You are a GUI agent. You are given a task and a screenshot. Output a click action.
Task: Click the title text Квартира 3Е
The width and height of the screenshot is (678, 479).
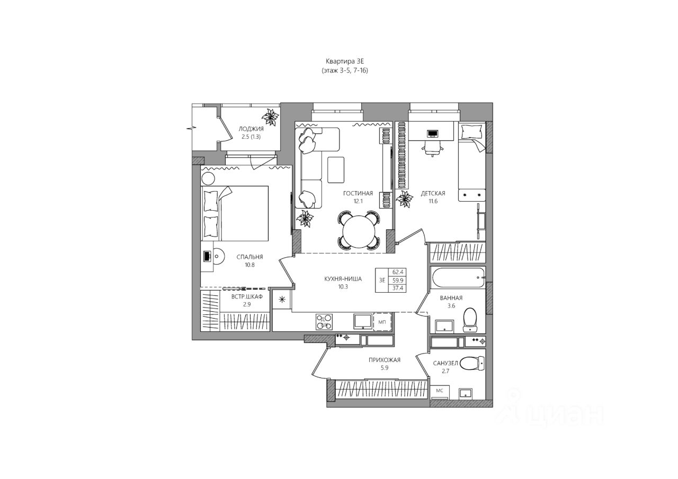pos(341,61)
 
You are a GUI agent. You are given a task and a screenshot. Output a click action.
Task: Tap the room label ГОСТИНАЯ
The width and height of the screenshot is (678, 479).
pos(358,193)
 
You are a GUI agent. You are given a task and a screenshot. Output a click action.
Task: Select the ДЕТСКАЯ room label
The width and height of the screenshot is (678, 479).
pos(433,193)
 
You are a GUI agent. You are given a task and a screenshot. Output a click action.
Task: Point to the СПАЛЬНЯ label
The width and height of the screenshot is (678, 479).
pos(249,257)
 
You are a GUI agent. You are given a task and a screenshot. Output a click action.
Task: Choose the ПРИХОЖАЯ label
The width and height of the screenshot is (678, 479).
pos(385,360)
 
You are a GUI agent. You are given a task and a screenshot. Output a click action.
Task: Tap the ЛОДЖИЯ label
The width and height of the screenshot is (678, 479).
pos(252,129)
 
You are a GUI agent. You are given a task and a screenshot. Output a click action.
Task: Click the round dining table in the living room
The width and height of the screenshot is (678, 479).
pos(359,231)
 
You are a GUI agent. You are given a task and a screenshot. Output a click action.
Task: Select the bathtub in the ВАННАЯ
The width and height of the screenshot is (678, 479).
pos(458,277)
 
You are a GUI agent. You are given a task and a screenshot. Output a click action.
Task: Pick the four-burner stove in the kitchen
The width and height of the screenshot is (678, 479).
pos(324,321)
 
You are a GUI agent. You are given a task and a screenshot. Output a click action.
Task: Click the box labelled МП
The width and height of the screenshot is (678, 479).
pos(382,321)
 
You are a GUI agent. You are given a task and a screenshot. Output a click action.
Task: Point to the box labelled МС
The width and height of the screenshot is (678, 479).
pos(440,391)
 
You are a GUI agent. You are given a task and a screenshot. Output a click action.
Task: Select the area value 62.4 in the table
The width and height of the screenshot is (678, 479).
pos(396,272)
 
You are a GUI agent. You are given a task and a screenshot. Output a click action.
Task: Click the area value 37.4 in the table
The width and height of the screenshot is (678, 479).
pos(396,288)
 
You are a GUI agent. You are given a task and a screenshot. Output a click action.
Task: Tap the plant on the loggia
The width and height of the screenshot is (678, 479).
pos(271,117)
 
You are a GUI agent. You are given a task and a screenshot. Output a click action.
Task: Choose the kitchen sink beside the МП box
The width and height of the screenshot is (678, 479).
pos(362,321)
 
